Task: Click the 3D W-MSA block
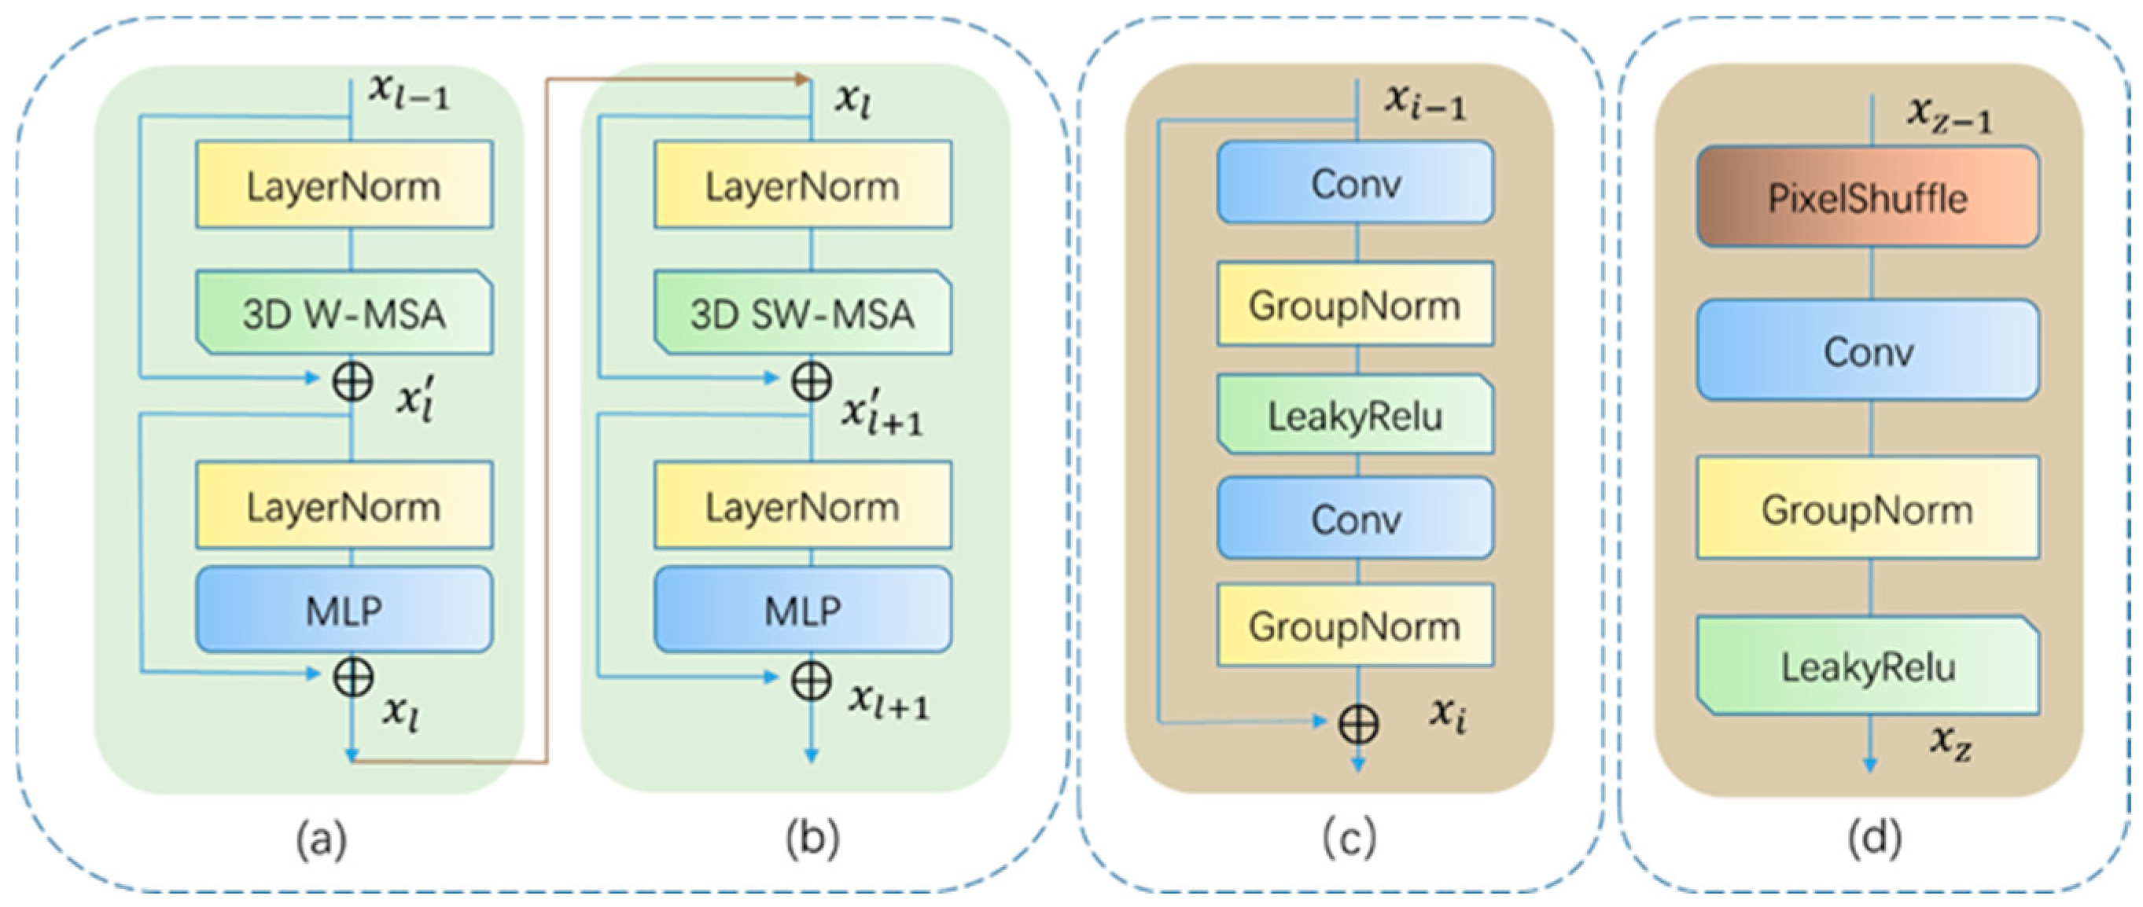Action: (344, 314)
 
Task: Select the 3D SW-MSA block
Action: (803, 314)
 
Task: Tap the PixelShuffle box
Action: (1868, 198)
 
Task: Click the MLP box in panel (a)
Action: (344, 610)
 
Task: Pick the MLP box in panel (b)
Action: (803, 610)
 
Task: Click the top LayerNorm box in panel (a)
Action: (344, 185)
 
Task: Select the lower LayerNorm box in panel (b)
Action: (803, 506)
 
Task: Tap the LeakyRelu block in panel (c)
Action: (1355, 415)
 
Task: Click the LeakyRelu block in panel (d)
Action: (1868, 666)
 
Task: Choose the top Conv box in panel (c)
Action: (1355, 183)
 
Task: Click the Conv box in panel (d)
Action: (1868, 351)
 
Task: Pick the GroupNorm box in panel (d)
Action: (1868, 508)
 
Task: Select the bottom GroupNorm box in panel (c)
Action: (1355, 625)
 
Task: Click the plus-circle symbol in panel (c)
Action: (1357, 723)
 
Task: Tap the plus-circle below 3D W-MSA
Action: (353, 382)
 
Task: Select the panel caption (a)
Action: (322, 839)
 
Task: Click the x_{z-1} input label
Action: (1950, 116)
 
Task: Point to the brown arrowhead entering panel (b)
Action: (803, 80)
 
